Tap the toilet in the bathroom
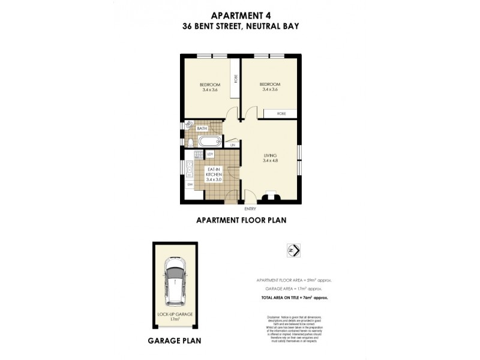(190, 142)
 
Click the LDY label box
(211, 154)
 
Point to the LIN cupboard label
(232, 144)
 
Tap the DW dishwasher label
(190, 184)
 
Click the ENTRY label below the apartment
(250, 209)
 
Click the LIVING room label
(269, 155)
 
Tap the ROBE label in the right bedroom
(280, 113)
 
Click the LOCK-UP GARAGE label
(175, 314)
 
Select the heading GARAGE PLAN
(174, 341)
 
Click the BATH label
(202, 128)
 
